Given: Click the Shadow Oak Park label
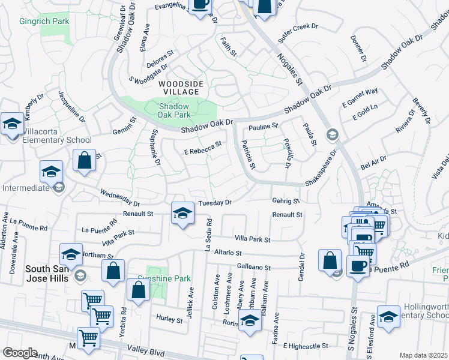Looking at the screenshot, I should [174, 110].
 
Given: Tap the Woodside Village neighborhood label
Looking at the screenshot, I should [181, 88].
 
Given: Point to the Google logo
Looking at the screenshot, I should [20, 352].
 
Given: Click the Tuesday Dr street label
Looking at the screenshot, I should [215, 203].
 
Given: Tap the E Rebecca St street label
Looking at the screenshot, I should [203, 148].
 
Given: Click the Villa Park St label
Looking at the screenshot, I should [252, 239].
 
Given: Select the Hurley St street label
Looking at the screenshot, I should [169, 320].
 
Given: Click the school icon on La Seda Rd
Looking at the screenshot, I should [182, 214].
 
